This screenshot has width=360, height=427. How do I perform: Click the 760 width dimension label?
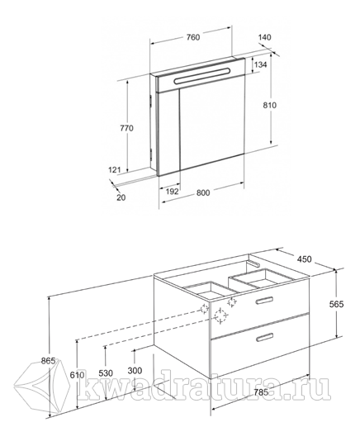[x=193, y=37]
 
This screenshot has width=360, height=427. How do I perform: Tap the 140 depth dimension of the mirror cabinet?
[x=265, y=37]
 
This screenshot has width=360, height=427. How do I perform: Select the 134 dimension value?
[x=260, y=64]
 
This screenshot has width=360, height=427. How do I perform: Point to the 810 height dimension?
[x=269, y=105]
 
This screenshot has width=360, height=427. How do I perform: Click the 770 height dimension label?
[x=126, y=128]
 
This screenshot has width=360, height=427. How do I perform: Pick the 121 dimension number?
[x=115, y=170]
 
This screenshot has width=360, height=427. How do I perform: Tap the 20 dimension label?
[x=121, y=197]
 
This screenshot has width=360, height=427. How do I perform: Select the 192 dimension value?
[x=173, y=192]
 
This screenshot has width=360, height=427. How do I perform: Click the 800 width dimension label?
[x=203, y=193]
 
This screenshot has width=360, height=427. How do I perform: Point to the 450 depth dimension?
[x=305, y=259]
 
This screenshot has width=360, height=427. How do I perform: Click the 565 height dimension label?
[x=337, y=304]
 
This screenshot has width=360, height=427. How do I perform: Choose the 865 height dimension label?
[x=49, y=361]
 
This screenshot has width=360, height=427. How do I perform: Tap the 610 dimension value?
[x=78, y=375]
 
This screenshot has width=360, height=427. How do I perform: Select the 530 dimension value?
[x=106, y=373]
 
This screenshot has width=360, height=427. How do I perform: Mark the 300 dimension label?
[x=135, y=371]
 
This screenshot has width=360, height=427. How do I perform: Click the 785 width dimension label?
[x=260, y=392]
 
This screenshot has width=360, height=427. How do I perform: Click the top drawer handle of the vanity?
[x=264, y=301]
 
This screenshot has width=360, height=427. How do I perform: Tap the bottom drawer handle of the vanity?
[x=264, y=337]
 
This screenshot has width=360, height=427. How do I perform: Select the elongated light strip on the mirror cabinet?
[x=201, y=75]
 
